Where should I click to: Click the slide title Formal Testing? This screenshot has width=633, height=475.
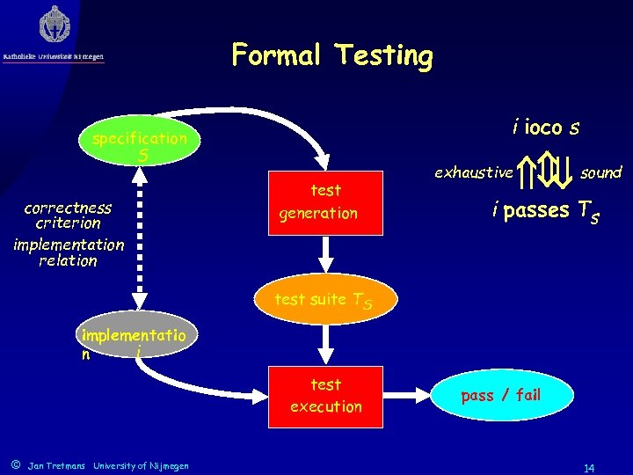tap(332, 55)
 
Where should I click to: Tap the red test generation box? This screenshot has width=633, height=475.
tap(326, 202)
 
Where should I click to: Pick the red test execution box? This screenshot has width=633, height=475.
tap(326, 396)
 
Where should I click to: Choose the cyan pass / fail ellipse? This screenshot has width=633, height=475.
tap(502, 395)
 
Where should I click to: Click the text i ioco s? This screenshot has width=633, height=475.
tap(546, 128)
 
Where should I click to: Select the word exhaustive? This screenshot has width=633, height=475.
tap(473, 172)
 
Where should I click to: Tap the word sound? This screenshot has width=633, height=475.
tap(601, 172)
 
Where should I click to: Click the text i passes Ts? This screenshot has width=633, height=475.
tap(546, 211)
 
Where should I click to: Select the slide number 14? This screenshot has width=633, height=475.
tap(588, 468)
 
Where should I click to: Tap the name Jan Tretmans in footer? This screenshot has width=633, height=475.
tap(56, 464)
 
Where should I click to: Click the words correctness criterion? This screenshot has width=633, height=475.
tap(69, 216)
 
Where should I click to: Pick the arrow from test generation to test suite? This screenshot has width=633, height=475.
tap(326, 256)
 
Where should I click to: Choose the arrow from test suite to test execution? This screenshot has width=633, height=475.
tap(326, 341)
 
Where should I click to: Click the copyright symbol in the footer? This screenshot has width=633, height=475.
tap(15, 464)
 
